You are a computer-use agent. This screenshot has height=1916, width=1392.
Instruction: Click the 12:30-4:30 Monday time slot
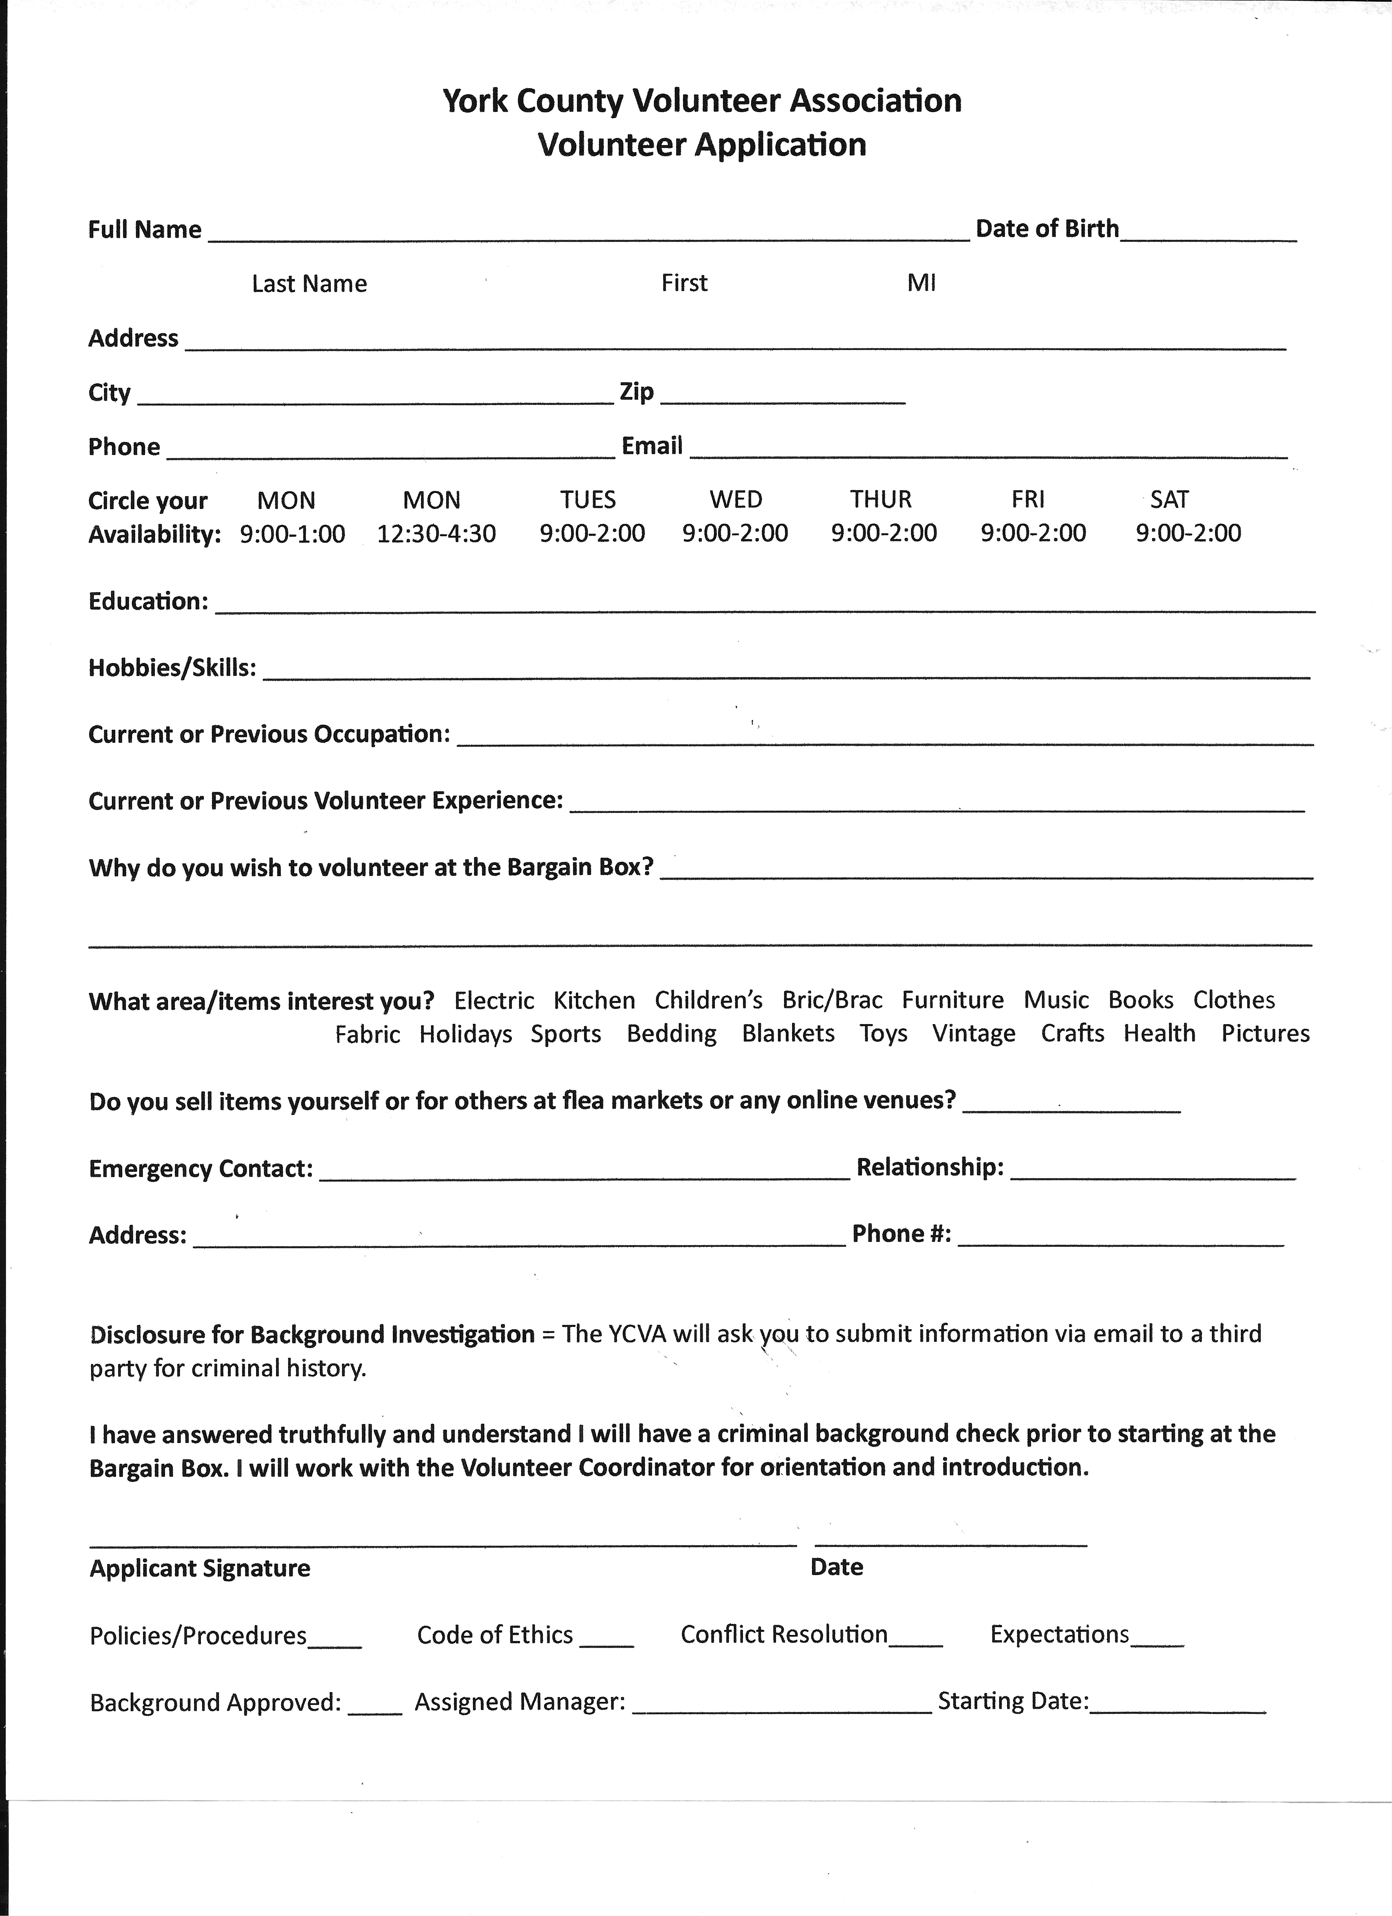coord(436,534)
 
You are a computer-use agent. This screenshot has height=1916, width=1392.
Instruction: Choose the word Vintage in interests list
coord(974,1033)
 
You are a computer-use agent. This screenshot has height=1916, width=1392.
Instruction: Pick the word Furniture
coord(953,1000)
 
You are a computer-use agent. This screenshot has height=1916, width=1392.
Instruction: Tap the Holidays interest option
coord(466,1034)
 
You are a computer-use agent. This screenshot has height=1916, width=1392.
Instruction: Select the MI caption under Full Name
coord(921,283)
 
